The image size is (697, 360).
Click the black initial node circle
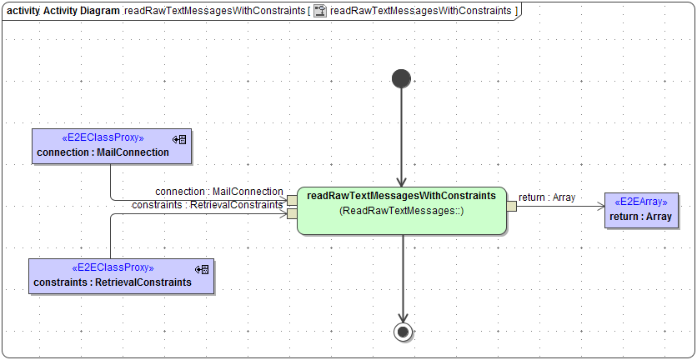[x=401, y=78]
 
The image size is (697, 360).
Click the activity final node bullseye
[x=403, y=332]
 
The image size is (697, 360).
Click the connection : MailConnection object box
[x=111, y=146]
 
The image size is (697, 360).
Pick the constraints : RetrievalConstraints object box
[x=121, y=276]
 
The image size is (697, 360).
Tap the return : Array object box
[x=641, y=210]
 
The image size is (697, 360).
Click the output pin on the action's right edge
[x=511, y=206]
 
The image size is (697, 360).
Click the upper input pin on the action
[x=292, y=200]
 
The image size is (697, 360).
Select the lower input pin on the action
[x=292, y=213]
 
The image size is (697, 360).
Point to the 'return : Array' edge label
[x=547, y=197]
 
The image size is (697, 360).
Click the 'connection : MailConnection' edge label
[x=219, y=192]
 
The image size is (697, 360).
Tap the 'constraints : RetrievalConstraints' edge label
[x=208, y=205]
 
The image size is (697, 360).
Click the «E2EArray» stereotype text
[x=641, y=202]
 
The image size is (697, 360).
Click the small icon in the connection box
[x=179, y=138]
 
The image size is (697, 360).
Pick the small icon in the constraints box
[x=201, y=268]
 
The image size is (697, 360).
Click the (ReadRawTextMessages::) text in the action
[x=402, y=212]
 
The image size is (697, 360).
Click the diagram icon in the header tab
[x=319, y=11]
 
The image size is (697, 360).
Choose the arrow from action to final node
[x=403, y=279]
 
